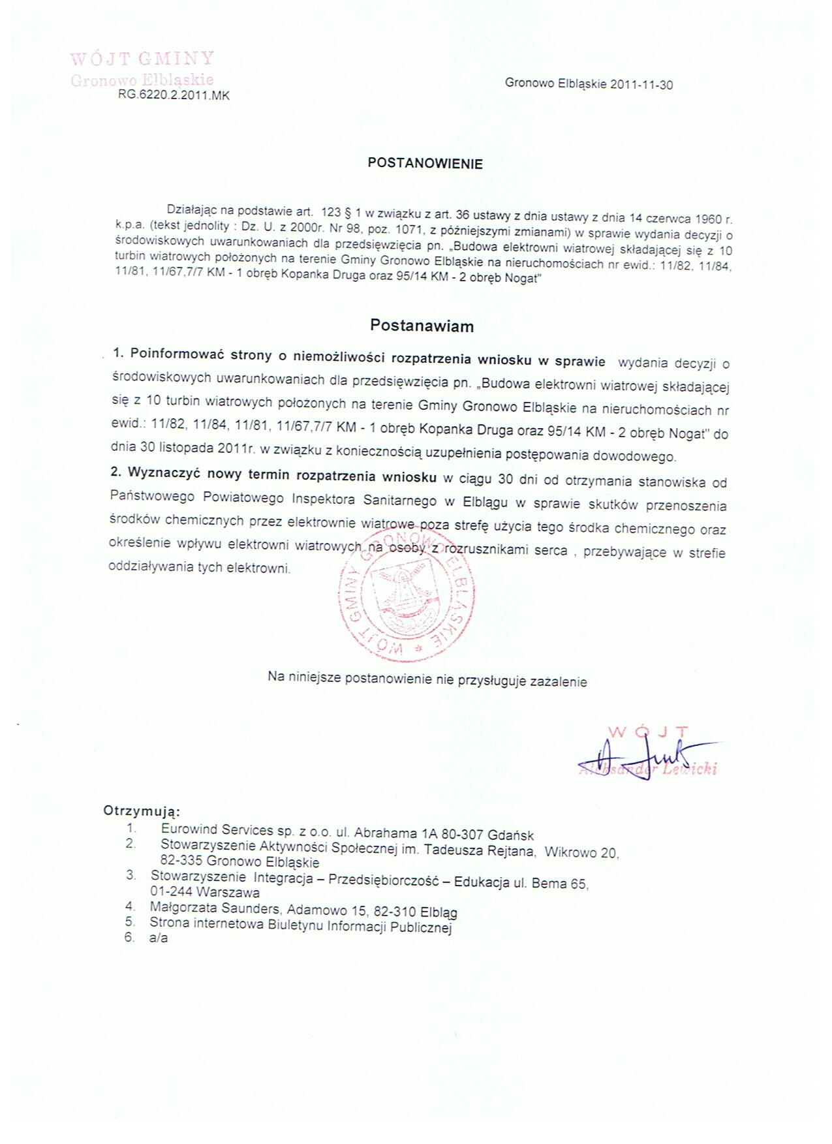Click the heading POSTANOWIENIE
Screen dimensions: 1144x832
(425, 164)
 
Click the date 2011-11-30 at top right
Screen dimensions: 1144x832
(641, 85)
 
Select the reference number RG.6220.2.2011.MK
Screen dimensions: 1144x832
(174, 95)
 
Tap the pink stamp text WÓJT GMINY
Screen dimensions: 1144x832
(142, 59)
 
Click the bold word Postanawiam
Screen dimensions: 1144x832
(422, 326)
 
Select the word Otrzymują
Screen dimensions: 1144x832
(140, 811)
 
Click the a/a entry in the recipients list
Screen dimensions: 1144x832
(159, 938)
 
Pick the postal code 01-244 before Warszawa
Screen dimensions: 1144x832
(171, 891)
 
